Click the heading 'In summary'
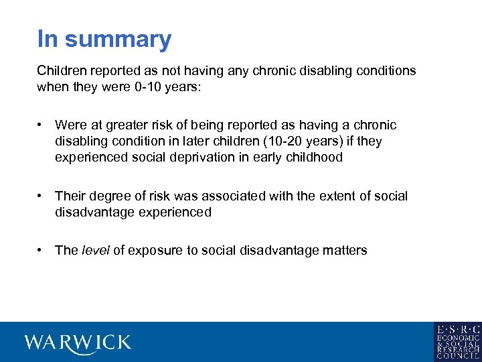(x=104, y=40)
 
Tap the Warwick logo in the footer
(x=78, y=343)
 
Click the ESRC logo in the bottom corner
(x=457, y=342)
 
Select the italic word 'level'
(x=95, y=251)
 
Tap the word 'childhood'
(x=315, y=158)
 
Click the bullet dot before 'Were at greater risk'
(x=41, y=125)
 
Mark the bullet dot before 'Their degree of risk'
(x=41, y=196)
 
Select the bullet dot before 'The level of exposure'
(x=41, y=251)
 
